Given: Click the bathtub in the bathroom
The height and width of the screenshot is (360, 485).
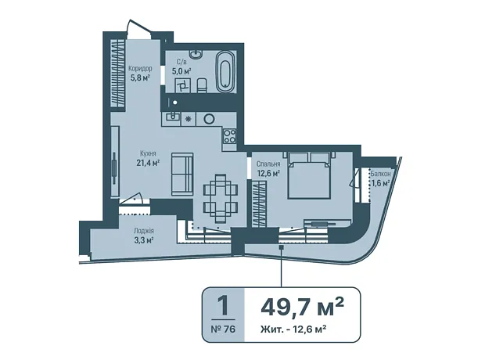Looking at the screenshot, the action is (225, 71).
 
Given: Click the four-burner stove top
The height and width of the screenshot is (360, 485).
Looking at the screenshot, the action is (230, 136).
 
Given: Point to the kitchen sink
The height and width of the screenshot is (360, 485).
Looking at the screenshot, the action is (171, 117).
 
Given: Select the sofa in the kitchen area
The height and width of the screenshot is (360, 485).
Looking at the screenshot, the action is (182, 174).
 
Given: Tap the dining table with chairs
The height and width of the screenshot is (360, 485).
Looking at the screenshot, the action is (221, 199).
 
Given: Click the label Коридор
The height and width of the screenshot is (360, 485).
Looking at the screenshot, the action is (140, 68).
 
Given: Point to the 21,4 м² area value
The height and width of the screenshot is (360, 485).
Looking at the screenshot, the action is (148, 162).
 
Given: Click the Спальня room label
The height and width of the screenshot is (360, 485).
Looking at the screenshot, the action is (268, 164).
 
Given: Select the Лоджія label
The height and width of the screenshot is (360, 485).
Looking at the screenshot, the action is (143, 231).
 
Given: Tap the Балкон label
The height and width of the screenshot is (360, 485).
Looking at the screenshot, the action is (380, 174).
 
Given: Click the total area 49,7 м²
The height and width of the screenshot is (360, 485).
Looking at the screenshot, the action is (302, 306).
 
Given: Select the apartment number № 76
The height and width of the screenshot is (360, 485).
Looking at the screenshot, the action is (223, 329).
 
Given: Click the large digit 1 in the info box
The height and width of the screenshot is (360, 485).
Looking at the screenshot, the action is (223, 305).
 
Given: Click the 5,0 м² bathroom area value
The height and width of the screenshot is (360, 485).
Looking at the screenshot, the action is (181, 71).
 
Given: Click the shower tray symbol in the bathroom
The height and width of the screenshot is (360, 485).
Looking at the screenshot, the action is (182, 85).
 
